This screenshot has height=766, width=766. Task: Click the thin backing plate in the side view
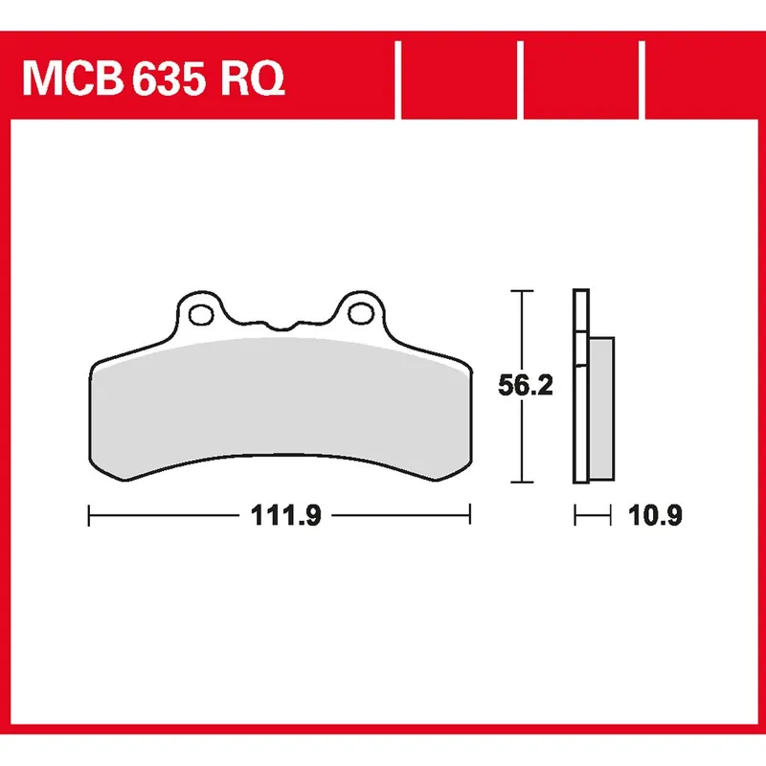point(579,383)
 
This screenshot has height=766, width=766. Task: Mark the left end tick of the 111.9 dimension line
point(88,517)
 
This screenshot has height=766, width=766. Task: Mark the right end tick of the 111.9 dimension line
point(469,517)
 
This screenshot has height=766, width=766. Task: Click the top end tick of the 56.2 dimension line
point(520,290)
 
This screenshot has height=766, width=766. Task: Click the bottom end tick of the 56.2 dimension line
point(520,482)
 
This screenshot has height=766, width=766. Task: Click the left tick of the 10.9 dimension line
point(574,517)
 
